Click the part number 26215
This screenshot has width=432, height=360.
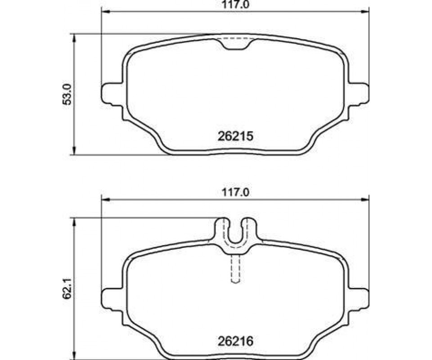[x=235, y=136]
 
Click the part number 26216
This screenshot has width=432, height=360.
[x=235, y=342]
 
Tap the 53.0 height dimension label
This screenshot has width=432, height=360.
[x=67, y=94]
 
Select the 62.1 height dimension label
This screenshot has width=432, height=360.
[x=67, y=289]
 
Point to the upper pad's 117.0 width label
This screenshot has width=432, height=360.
[x=235, y=4]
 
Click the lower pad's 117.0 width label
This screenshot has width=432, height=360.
[x=235, y=192]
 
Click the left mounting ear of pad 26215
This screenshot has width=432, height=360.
[x=112, y=94]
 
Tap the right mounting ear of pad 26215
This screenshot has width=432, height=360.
[x=359, y=94]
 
